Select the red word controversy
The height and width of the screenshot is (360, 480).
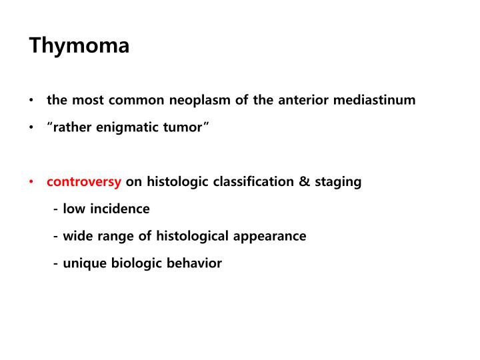coord(84,181)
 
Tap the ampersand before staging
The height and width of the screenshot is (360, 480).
coord(305,181)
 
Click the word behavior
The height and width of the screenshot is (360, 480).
coord(197,263)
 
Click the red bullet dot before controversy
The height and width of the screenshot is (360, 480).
coord(32,182)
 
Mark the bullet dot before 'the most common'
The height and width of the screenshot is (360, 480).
coord(32,101)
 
